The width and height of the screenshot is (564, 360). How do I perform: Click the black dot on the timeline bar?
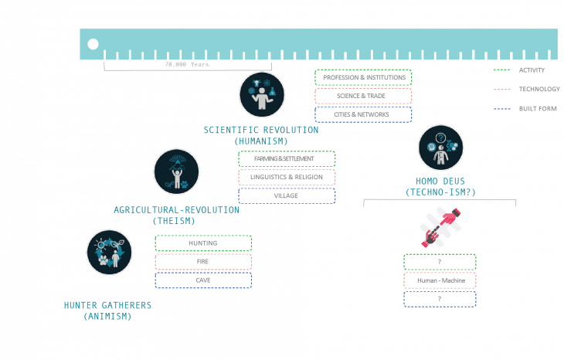tap(93, 44)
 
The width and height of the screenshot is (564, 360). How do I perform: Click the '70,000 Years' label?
tap(187, 65)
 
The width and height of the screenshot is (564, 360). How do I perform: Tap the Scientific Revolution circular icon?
tap(262, 94)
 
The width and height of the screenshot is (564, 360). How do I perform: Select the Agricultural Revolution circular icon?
tap(176, 172)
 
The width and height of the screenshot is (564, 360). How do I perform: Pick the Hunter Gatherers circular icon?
tap(109, 253)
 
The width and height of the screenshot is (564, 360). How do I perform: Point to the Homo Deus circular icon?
tap(440, 148)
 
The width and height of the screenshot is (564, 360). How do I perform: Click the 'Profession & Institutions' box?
tap(363, 77)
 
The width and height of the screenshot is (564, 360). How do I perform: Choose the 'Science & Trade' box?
tap(363, 96)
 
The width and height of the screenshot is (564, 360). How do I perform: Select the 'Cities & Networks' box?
tap(363, 114)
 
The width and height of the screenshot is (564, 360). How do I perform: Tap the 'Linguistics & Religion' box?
tap(287, 177)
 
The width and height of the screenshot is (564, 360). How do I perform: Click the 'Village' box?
tap(287, 195)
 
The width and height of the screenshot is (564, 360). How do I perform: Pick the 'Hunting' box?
tap(203, 243)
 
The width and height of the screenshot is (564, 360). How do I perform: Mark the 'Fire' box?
tap(203, 262)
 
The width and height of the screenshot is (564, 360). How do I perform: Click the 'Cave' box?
tap(203, 280)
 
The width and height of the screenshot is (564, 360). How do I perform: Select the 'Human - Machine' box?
tap(440, 280)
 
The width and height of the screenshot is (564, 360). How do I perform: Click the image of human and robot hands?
tap(440, 228)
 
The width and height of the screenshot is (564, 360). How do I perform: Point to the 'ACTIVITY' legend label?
tap(532, 70)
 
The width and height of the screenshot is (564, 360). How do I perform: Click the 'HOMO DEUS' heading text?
tap(440, 182)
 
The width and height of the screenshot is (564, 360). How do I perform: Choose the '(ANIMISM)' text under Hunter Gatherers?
tap(107, 316)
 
